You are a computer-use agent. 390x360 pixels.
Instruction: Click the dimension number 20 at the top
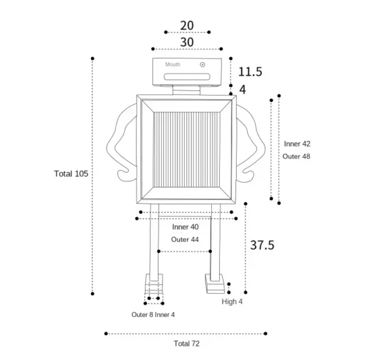coord(187,25)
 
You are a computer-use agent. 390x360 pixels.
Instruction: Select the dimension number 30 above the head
coord(187,42)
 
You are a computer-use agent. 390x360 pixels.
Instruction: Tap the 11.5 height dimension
coord(250,72)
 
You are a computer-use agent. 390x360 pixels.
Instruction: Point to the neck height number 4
coord(242,90)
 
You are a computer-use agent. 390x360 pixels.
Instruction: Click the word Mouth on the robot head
coord(173,64)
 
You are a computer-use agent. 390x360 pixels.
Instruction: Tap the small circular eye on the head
coord(202,64)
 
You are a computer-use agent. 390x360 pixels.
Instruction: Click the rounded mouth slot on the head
coord(187,77)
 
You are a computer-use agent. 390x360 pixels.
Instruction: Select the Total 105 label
coord(71,174)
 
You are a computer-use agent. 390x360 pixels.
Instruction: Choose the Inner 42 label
coord(297,144)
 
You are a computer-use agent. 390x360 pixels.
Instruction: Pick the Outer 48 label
coord(296,157)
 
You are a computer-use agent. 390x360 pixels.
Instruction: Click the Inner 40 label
coord(185,227)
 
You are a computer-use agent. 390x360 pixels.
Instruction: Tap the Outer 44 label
coord(185,239)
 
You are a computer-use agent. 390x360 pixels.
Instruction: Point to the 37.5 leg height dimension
coord(262,245)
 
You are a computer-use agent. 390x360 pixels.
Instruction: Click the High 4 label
coord(232,302)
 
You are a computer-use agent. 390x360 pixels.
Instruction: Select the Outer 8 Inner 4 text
coord(153,315)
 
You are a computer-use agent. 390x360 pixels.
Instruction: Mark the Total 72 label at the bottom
coord(187,344)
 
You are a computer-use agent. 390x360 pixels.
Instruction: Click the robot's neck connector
coord(187,90)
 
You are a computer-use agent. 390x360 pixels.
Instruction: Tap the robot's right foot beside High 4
coord(214,284)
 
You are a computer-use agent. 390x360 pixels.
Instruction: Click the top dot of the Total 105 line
coord(92,58)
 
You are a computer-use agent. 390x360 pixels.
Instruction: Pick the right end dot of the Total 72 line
coord(265,333)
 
